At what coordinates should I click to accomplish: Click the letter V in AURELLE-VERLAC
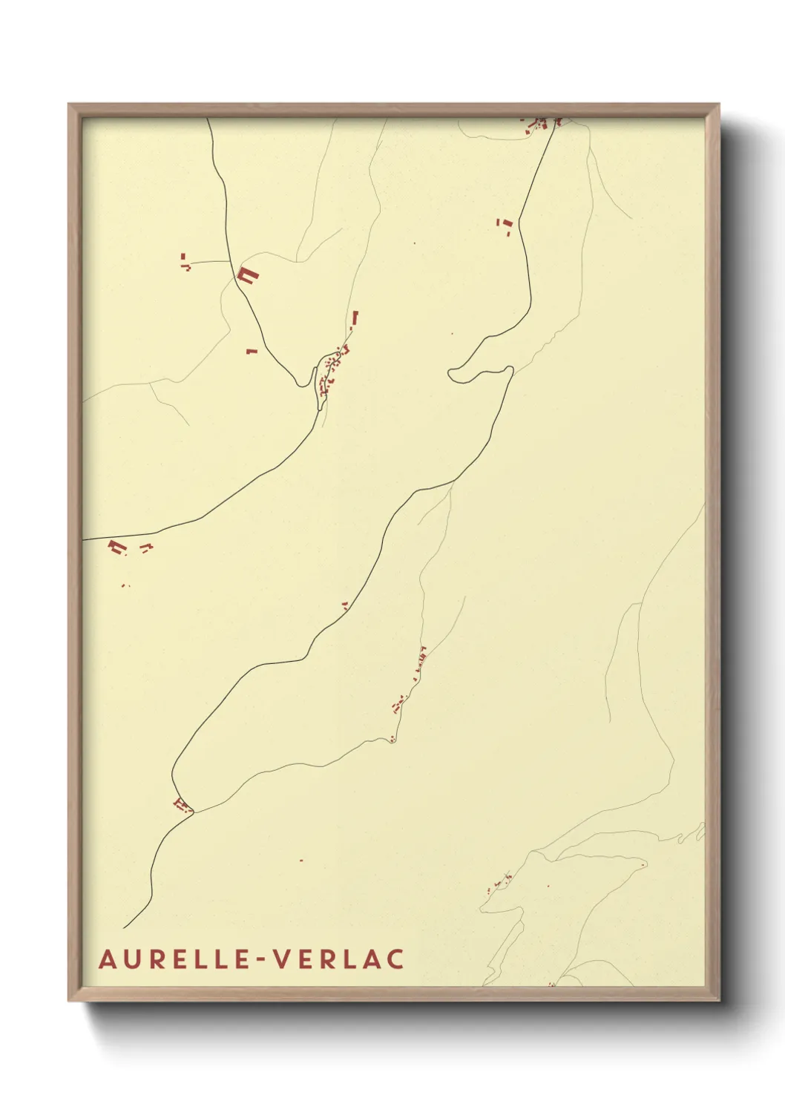pyautogui.click(x=283, y=959)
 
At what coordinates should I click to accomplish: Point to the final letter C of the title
pyautogui.click(x=395, y=959)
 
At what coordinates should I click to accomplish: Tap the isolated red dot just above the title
pyautogui.click(x=301, y=861)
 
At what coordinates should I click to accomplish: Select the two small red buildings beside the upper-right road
pyautogui.click(x=505, y=226)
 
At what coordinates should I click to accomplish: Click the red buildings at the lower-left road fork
pyautogui.click(x=180, y=805)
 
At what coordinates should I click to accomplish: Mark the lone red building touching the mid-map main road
pyautogui.click(x=345, y=605)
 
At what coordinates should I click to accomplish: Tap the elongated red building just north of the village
pyautogui.click(x=355, y=318)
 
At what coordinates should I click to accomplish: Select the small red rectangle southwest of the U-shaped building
pyautogui.click(x=252, y=351)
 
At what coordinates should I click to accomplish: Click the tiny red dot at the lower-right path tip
pyautogui.click(x=643, y=864)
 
